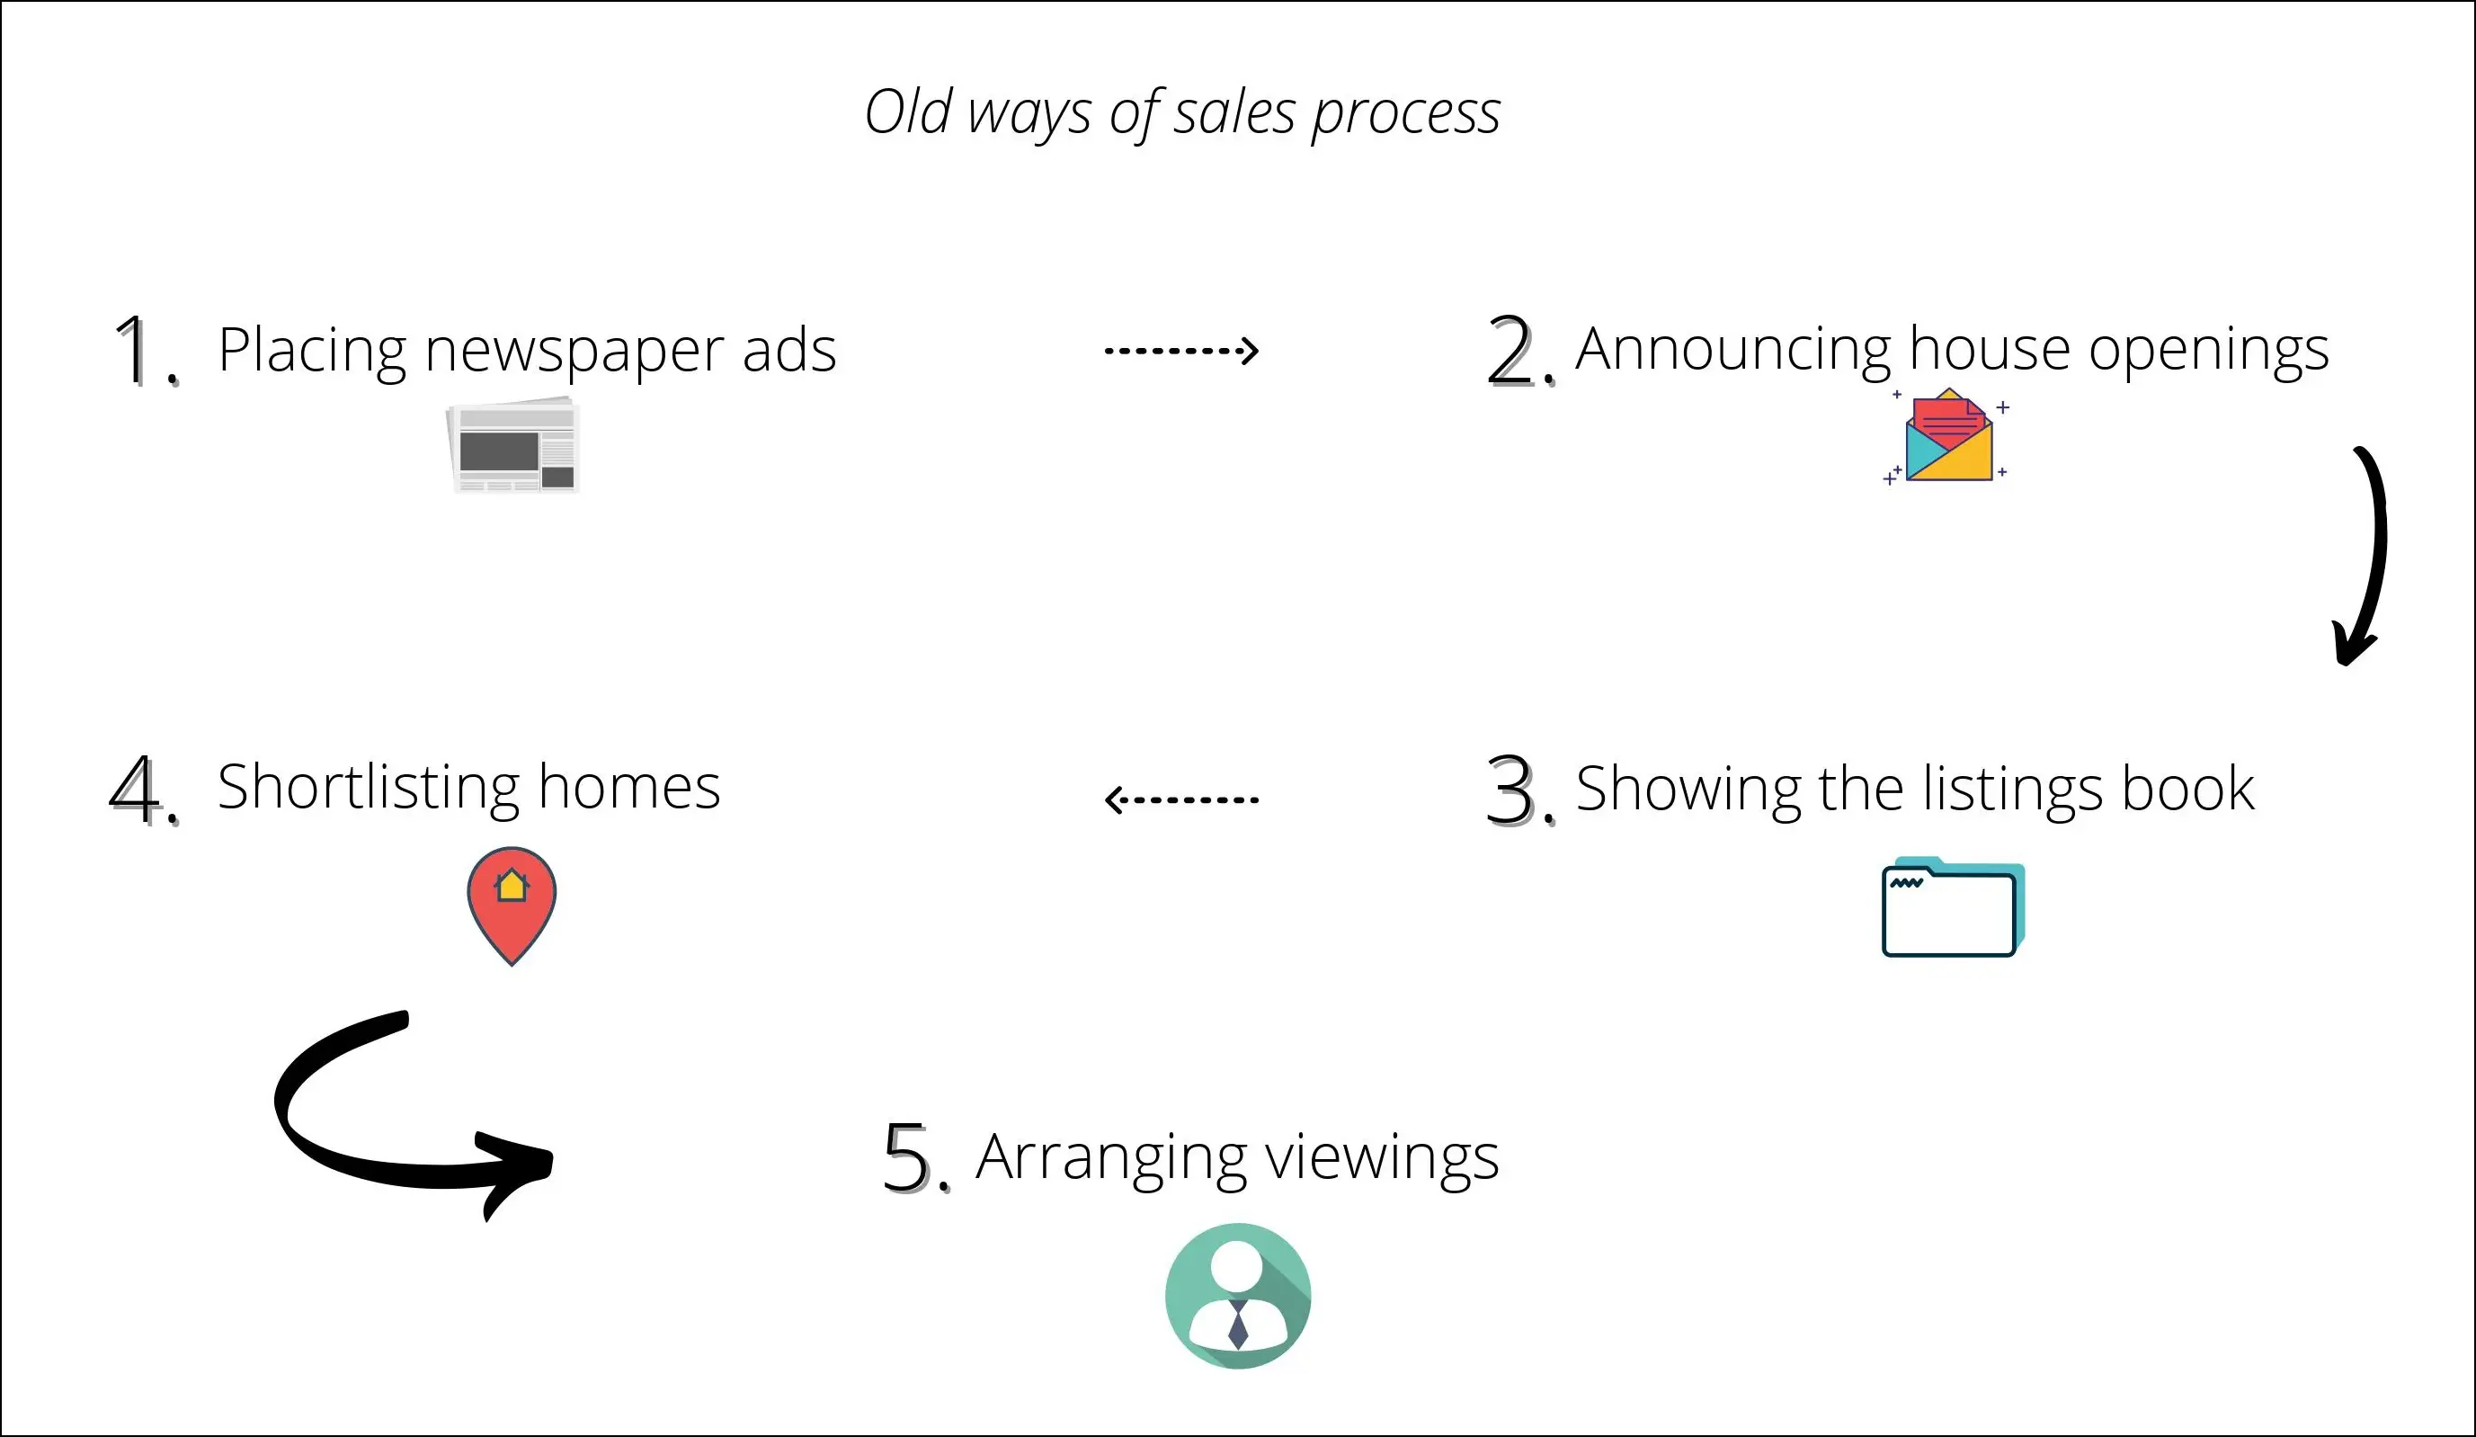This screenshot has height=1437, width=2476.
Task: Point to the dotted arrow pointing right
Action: (x=1181, y=350)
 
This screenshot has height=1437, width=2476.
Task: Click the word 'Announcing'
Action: (x=1733, y=349)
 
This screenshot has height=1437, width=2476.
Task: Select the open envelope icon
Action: (x=1948, y=438)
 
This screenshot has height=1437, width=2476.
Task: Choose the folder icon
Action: (x=1951, y=907)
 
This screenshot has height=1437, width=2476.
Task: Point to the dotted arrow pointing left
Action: (x=1181, y=799)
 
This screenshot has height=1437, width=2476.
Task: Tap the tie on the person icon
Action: (x=1238, y=1325)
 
